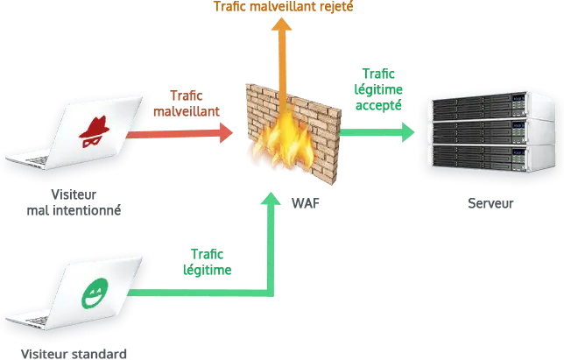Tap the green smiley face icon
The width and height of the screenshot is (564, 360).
pos(95,293)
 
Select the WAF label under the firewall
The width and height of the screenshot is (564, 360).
pos(306,203)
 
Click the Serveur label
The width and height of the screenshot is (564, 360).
pos(490,203)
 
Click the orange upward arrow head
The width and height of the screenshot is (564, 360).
pos(281,24)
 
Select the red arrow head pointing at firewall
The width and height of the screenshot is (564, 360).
pos(227,133)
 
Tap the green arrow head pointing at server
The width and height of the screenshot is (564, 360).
pos(408,132)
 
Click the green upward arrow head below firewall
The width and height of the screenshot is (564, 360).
pos(271,199)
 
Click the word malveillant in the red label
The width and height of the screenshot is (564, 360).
pos(187,111)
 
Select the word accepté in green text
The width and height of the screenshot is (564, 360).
pos(378,106)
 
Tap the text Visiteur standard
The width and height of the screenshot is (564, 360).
pos(74,354)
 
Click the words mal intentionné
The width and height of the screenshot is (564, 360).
pos(74,210)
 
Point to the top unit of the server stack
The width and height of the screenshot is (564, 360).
pos(493,105)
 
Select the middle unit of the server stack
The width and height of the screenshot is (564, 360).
pos(493,131)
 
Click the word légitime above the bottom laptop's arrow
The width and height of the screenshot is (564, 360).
pos(208,271)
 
